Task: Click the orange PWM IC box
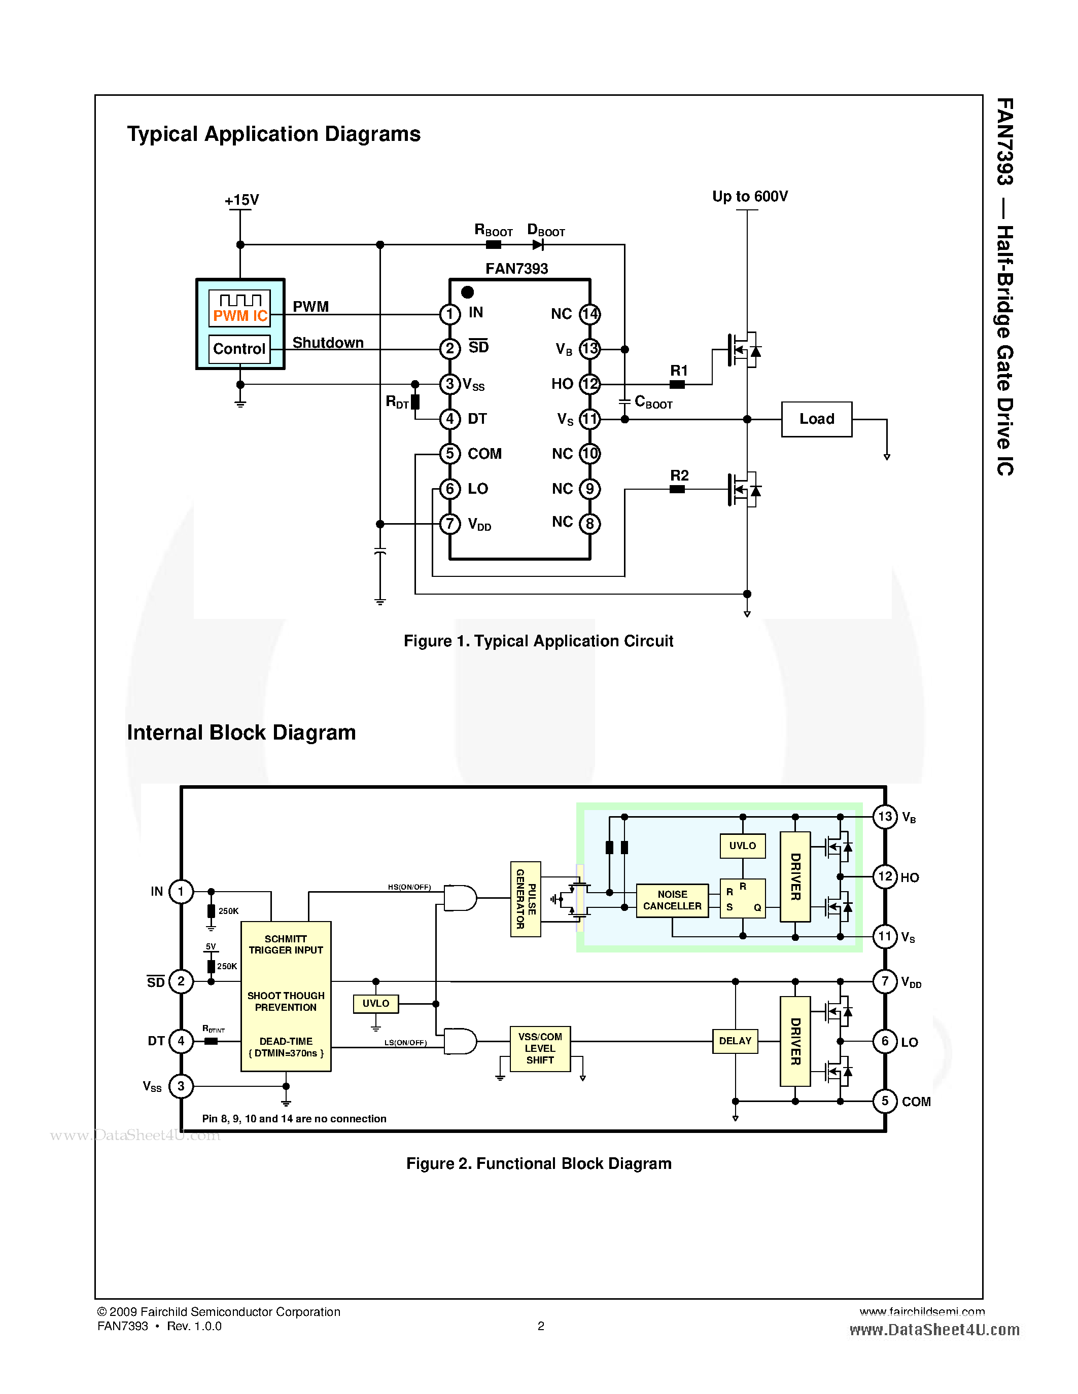click(x=239, y=308)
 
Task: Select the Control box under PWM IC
click(x=239, y=349)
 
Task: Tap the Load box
click(x=816, y=419)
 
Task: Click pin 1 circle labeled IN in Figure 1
click(x=449, y=314)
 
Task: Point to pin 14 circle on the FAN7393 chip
click(x=589, y=314)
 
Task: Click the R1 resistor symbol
click(x=677, y=384)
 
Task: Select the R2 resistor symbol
click(x=677, y=490)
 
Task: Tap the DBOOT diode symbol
click(x=538, y=244)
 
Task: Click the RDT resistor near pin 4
click(x=415, y=402)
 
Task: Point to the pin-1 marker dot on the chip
click(x=468, y=292)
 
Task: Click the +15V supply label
click(x=241, y=200)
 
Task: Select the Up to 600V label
click(x=750, y=197)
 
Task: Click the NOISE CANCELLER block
click(x=672, y=900)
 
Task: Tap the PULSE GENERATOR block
click(x=526, y=899)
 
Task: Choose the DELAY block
click(x=735, y=1041)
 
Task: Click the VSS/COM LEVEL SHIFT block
click(x=540, y=1049)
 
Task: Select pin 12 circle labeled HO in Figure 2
click(x=885, y=877)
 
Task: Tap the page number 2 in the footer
click(x=541, y=1326)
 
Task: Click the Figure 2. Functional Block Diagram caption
click(x=538, y=1163)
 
